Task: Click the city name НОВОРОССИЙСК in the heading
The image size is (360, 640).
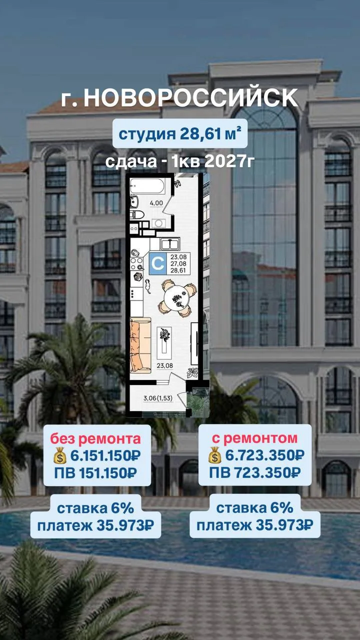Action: click(x=191, y=97)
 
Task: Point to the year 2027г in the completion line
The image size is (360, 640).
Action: click(x=229, y=161)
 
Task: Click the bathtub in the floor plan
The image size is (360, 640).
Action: click(x=147, y=186)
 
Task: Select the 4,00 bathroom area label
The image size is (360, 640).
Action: click(x=156, y=203)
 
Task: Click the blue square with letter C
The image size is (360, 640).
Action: click(x=157, y=263)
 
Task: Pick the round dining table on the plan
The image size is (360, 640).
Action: click(x=177, y=298)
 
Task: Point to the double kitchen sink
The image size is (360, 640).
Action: click(x=169, y=244)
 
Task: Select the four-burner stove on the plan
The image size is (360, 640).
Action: click(x=137, y=263)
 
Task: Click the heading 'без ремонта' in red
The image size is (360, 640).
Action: click(x=95, y=438)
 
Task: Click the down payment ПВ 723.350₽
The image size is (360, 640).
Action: click(x=255, y=472)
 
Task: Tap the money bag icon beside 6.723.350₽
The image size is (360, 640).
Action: click(x=214, y=455)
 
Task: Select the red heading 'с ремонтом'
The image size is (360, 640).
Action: click(x=254, y=438)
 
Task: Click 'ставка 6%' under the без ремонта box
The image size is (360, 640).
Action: click(x=95, y=508)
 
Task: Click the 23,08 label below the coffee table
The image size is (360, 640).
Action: click(x=164, y=365)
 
